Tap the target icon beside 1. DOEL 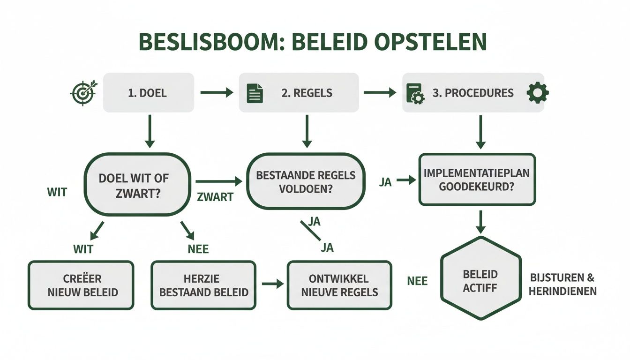(82, 93)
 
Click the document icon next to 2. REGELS (255, 93)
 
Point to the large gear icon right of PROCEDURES (537, 93)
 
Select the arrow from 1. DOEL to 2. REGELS (217, 93)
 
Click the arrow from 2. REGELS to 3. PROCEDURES (380, 93)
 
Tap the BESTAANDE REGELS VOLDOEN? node (306, 182)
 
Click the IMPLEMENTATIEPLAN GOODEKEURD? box (477, 179)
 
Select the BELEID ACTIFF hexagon (480, 280)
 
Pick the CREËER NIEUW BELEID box (81, 285)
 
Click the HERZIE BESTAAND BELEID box (204, 285)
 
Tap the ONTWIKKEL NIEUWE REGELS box (339, 285)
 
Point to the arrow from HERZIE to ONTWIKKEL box (273, 284)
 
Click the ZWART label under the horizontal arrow (216, 197)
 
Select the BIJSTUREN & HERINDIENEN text (562, 284)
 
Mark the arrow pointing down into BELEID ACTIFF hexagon (480, 222)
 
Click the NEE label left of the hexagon (417, 280)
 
